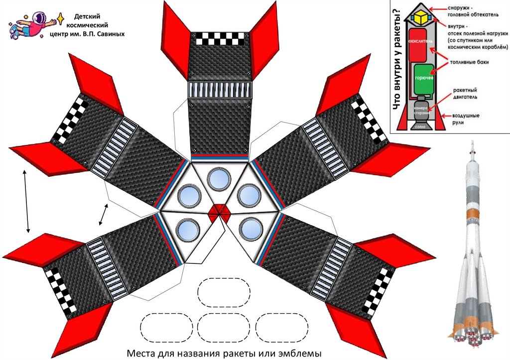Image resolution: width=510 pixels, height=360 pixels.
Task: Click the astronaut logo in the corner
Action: point(34,25)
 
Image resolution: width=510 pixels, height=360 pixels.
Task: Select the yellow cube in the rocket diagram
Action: point(423,18)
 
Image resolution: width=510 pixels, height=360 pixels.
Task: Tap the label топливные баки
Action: point(468,63)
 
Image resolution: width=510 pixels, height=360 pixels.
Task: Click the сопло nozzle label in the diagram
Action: point(421,126)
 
